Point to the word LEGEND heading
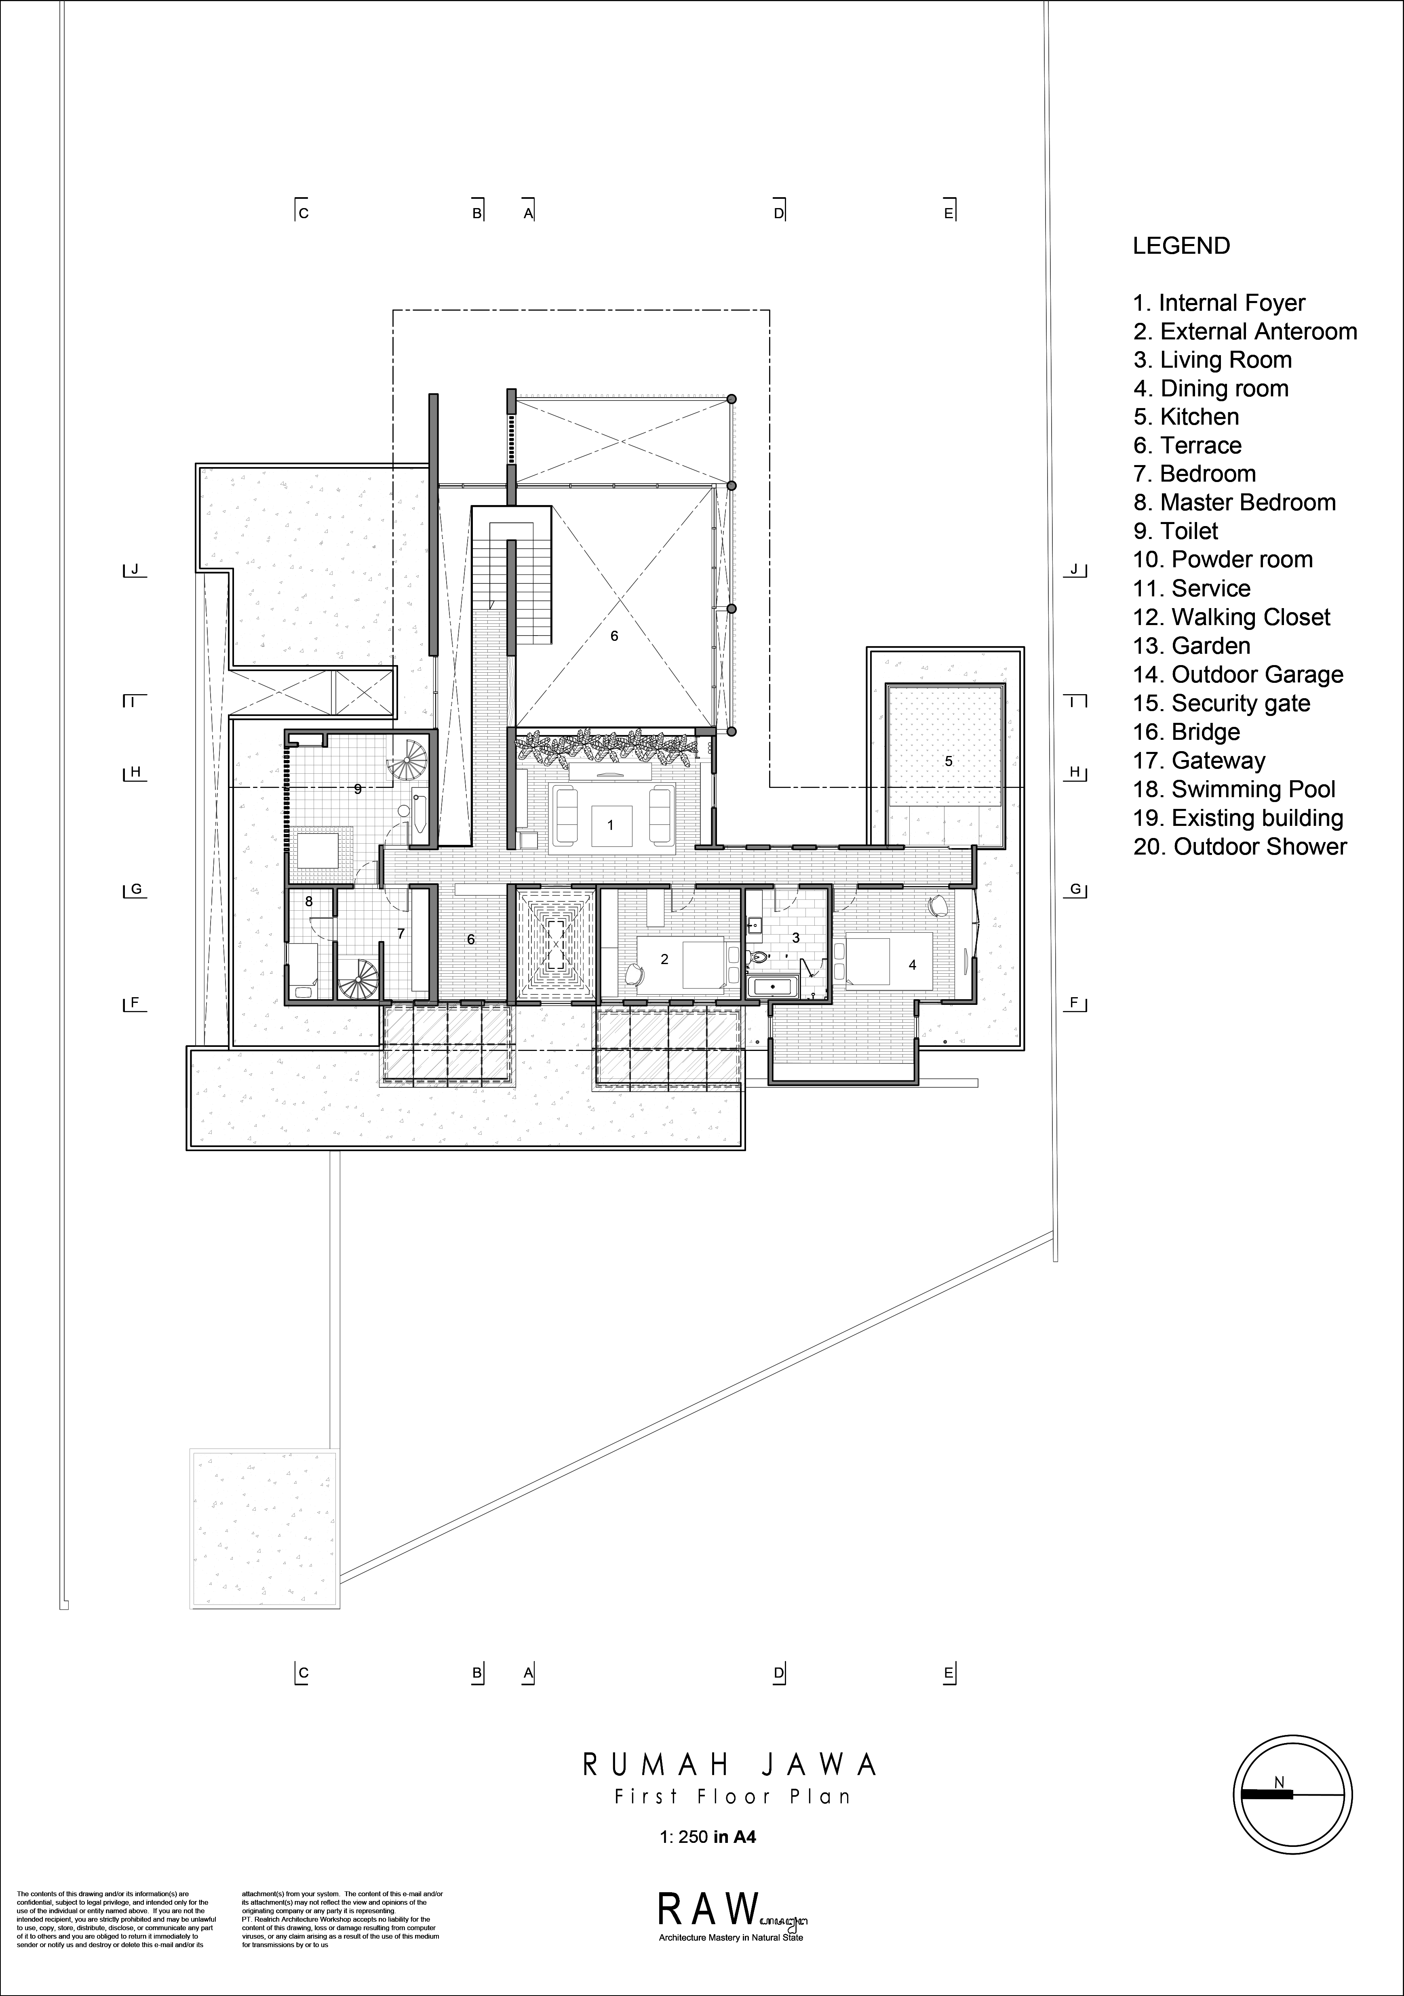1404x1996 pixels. click(1181, 246)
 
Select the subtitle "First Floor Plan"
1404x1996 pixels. click(732, 1796)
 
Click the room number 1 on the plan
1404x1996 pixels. click(610, 825)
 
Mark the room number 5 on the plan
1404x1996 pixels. click(949, 762)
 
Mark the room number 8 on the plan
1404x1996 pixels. click(309, 902)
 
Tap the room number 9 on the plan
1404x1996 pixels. click(357, 790)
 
